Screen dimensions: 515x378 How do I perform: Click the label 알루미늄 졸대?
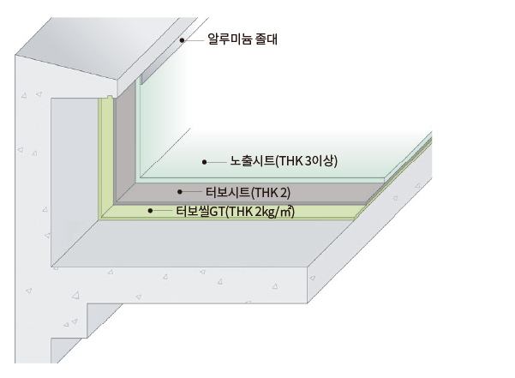243,39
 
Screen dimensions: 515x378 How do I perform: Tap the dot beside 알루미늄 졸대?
182,40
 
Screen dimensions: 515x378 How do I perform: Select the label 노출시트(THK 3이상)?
284,161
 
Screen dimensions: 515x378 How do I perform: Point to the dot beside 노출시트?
204,162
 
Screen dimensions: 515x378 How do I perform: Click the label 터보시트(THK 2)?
248,193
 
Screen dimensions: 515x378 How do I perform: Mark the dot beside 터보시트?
180,191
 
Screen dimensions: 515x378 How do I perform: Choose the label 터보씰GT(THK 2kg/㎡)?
235,211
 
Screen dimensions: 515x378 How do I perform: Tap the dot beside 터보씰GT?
150,211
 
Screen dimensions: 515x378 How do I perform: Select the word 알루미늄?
230,39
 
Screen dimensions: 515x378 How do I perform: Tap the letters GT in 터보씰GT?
218,212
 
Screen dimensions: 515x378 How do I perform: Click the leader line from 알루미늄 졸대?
195,40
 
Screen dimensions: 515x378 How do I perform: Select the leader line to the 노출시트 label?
217,162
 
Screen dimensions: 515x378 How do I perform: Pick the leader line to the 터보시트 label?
192,191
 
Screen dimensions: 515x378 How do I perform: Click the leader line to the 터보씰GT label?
163,211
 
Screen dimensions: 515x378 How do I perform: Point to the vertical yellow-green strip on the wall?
105,157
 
